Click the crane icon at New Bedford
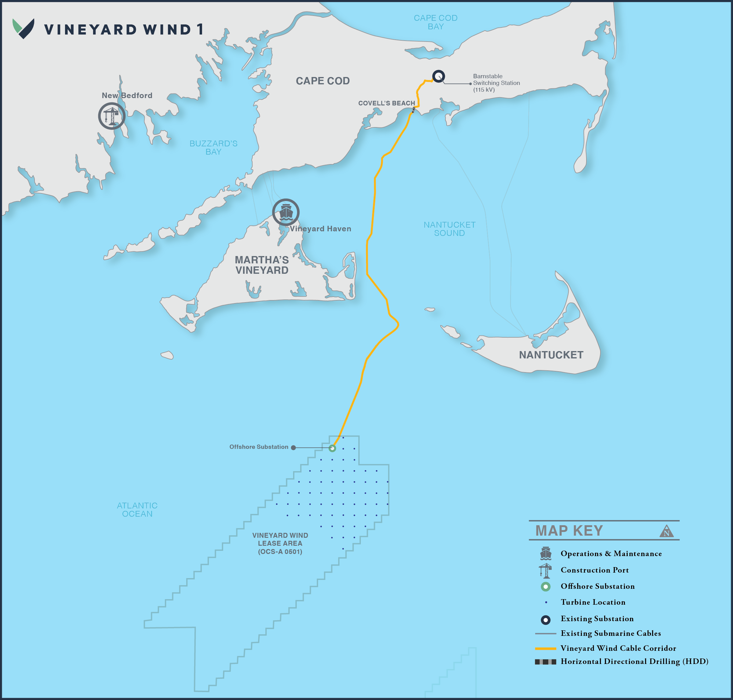click(x=111, y=116)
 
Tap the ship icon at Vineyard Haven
click(x=285, y=212)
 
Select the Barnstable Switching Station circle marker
click(x=438, y=76)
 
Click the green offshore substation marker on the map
click(x=332, y=448)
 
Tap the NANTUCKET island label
click(x=551, y=355)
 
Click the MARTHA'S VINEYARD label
click(x=262, y=265)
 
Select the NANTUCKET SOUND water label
click(x=449, y=229)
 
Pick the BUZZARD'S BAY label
click(x=213, y=147)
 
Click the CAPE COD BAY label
click(x=435, y=22)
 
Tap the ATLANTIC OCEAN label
click(x=137, y=509)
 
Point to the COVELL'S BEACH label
click(x=386, y=103)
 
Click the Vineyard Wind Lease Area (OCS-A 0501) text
click(x=280, y=543)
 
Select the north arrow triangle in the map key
click(x=666, y=531)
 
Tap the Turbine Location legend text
click(x=593, y=602)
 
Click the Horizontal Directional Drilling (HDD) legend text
click(x=634, y=662)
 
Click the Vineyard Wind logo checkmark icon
click(x=24, y=28)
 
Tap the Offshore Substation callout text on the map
click(x=259, y=447)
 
